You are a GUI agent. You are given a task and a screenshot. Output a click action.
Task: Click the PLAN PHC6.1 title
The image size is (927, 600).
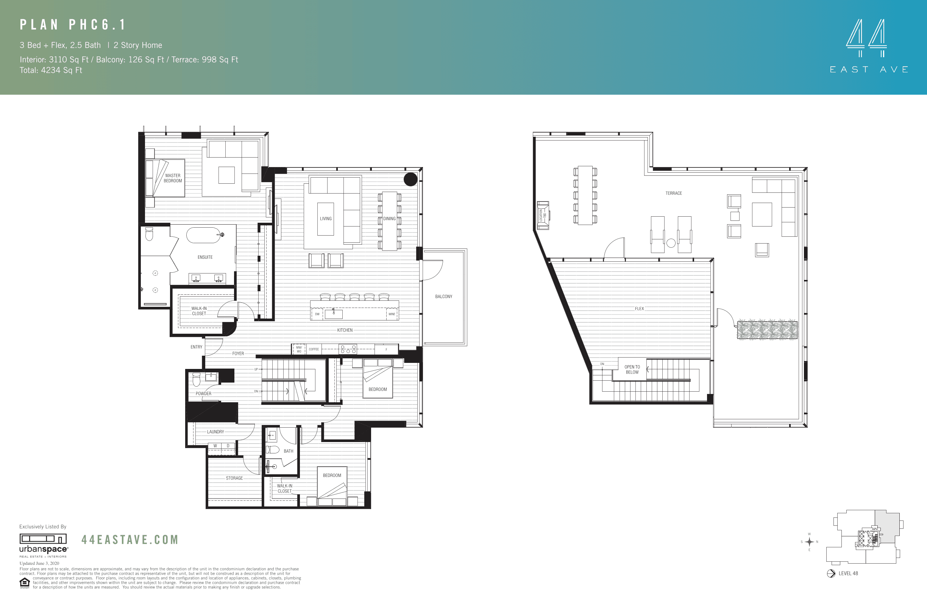[73, 25]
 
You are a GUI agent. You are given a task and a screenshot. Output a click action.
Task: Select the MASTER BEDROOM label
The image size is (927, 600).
[173, 178]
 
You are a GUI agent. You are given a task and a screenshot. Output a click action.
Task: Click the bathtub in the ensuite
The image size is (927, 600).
[204, 235]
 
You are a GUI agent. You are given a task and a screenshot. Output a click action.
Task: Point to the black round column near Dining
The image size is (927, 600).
[410, 179]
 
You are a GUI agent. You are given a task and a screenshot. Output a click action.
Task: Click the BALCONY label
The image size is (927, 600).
[444, 297]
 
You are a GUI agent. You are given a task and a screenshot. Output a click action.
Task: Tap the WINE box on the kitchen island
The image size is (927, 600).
[392, 314]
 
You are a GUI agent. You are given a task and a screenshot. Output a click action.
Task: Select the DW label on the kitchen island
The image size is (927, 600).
[317, 314]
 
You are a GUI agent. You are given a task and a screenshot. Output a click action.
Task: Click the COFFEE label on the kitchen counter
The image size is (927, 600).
[314, 349]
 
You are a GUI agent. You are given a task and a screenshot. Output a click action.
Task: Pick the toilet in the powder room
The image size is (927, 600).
[196, 379]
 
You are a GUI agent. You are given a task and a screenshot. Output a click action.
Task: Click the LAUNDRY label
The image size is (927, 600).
[215, 432]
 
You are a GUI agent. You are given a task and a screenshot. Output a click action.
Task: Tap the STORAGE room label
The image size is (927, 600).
[234, 478]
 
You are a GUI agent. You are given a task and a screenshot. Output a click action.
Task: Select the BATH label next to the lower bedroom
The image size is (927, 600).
[288, 451]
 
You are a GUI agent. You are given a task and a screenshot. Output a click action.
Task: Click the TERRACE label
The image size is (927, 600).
[673, 193]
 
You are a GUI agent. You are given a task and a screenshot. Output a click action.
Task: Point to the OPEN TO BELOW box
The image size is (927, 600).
[632, 369]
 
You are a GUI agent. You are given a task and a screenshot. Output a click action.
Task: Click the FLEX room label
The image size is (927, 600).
[639, 309]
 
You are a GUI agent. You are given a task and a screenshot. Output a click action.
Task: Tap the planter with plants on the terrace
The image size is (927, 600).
[767, 330]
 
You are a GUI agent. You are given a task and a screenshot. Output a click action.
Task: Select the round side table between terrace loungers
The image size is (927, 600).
[671, 243]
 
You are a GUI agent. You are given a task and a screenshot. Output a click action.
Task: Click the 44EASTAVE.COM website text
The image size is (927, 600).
[130, 540]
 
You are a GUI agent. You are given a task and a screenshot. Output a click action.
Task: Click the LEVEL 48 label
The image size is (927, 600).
[848, 573]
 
